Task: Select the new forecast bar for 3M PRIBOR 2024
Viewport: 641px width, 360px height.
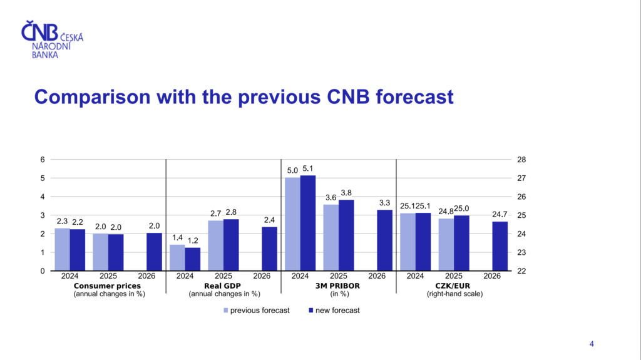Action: (308, 223)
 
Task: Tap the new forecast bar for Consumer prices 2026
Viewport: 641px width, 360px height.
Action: (154, 252)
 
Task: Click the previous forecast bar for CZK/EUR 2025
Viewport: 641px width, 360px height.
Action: (446, 244)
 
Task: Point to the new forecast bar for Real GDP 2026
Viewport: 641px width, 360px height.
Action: (269, 249)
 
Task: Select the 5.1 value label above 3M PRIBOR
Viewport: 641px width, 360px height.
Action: (308, 168)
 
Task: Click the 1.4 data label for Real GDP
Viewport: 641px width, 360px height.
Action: (177, 238)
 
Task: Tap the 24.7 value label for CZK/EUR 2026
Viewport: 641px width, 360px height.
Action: (500, 215)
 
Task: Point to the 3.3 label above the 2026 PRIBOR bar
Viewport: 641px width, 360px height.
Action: (385, 203)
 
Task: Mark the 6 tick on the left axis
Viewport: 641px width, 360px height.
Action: (43, 160)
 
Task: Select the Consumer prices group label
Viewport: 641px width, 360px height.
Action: (110, 285)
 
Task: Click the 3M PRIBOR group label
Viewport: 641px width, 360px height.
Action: (339, 285)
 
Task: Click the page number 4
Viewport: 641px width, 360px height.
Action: (592, 343)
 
